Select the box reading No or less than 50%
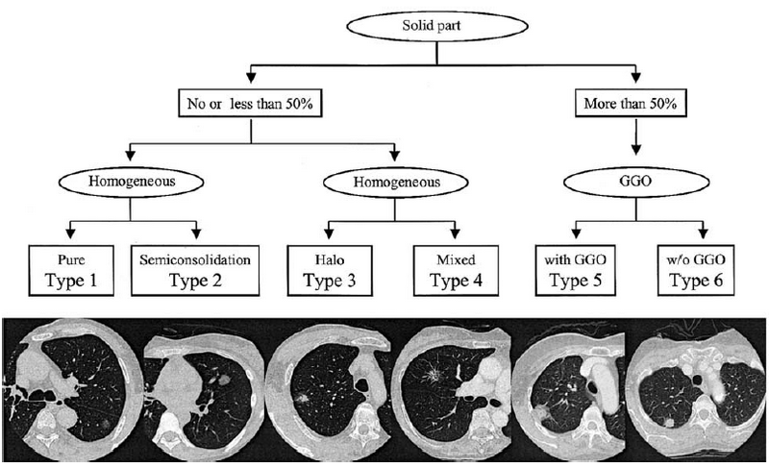click(x=251, y=100)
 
